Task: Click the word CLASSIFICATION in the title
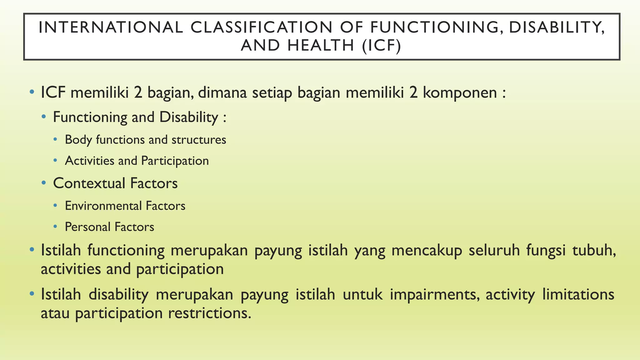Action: (262, 27)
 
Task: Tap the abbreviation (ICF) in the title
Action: (382, 46)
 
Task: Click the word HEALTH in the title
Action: (321, 46)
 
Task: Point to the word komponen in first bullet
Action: (460, 93)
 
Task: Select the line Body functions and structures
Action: (145, 140)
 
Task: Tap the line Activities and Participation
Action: (137, 161)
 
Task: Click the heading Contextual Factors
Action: (115, 183)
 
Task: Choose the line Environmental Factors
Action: (125, 206)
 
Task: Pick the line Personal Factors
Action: (109, 227)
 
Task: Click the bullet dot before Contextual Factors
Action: (44, 183)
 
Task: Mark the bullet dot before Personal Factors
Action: (55, 227)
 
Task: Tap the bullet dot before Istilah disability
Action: (32, 294)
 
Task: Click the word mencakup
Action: (427, 251)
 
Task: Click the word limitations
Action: (578, 295)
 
